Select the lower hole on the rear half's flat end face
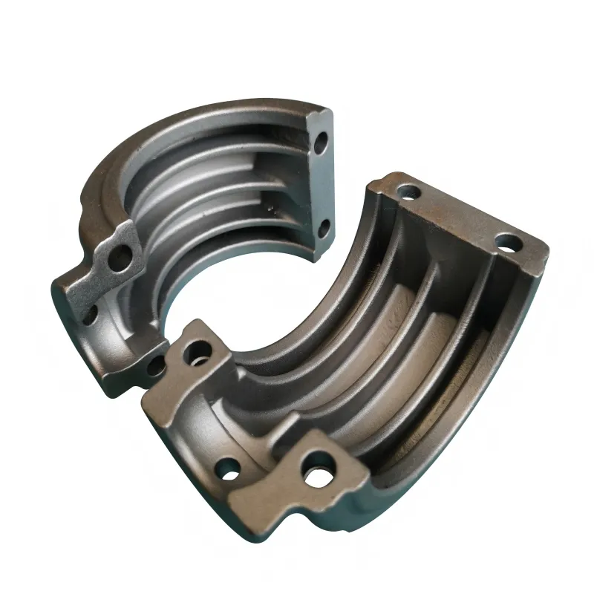[x=322, y=226]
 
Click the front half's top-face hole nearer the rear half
[x=408, y=192]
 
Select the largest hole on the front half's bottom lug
[x=319, y=473]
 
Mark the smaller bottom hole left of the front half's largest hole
[x=229, y=469]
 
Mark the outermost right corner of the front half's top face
[x=548, y=249]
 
